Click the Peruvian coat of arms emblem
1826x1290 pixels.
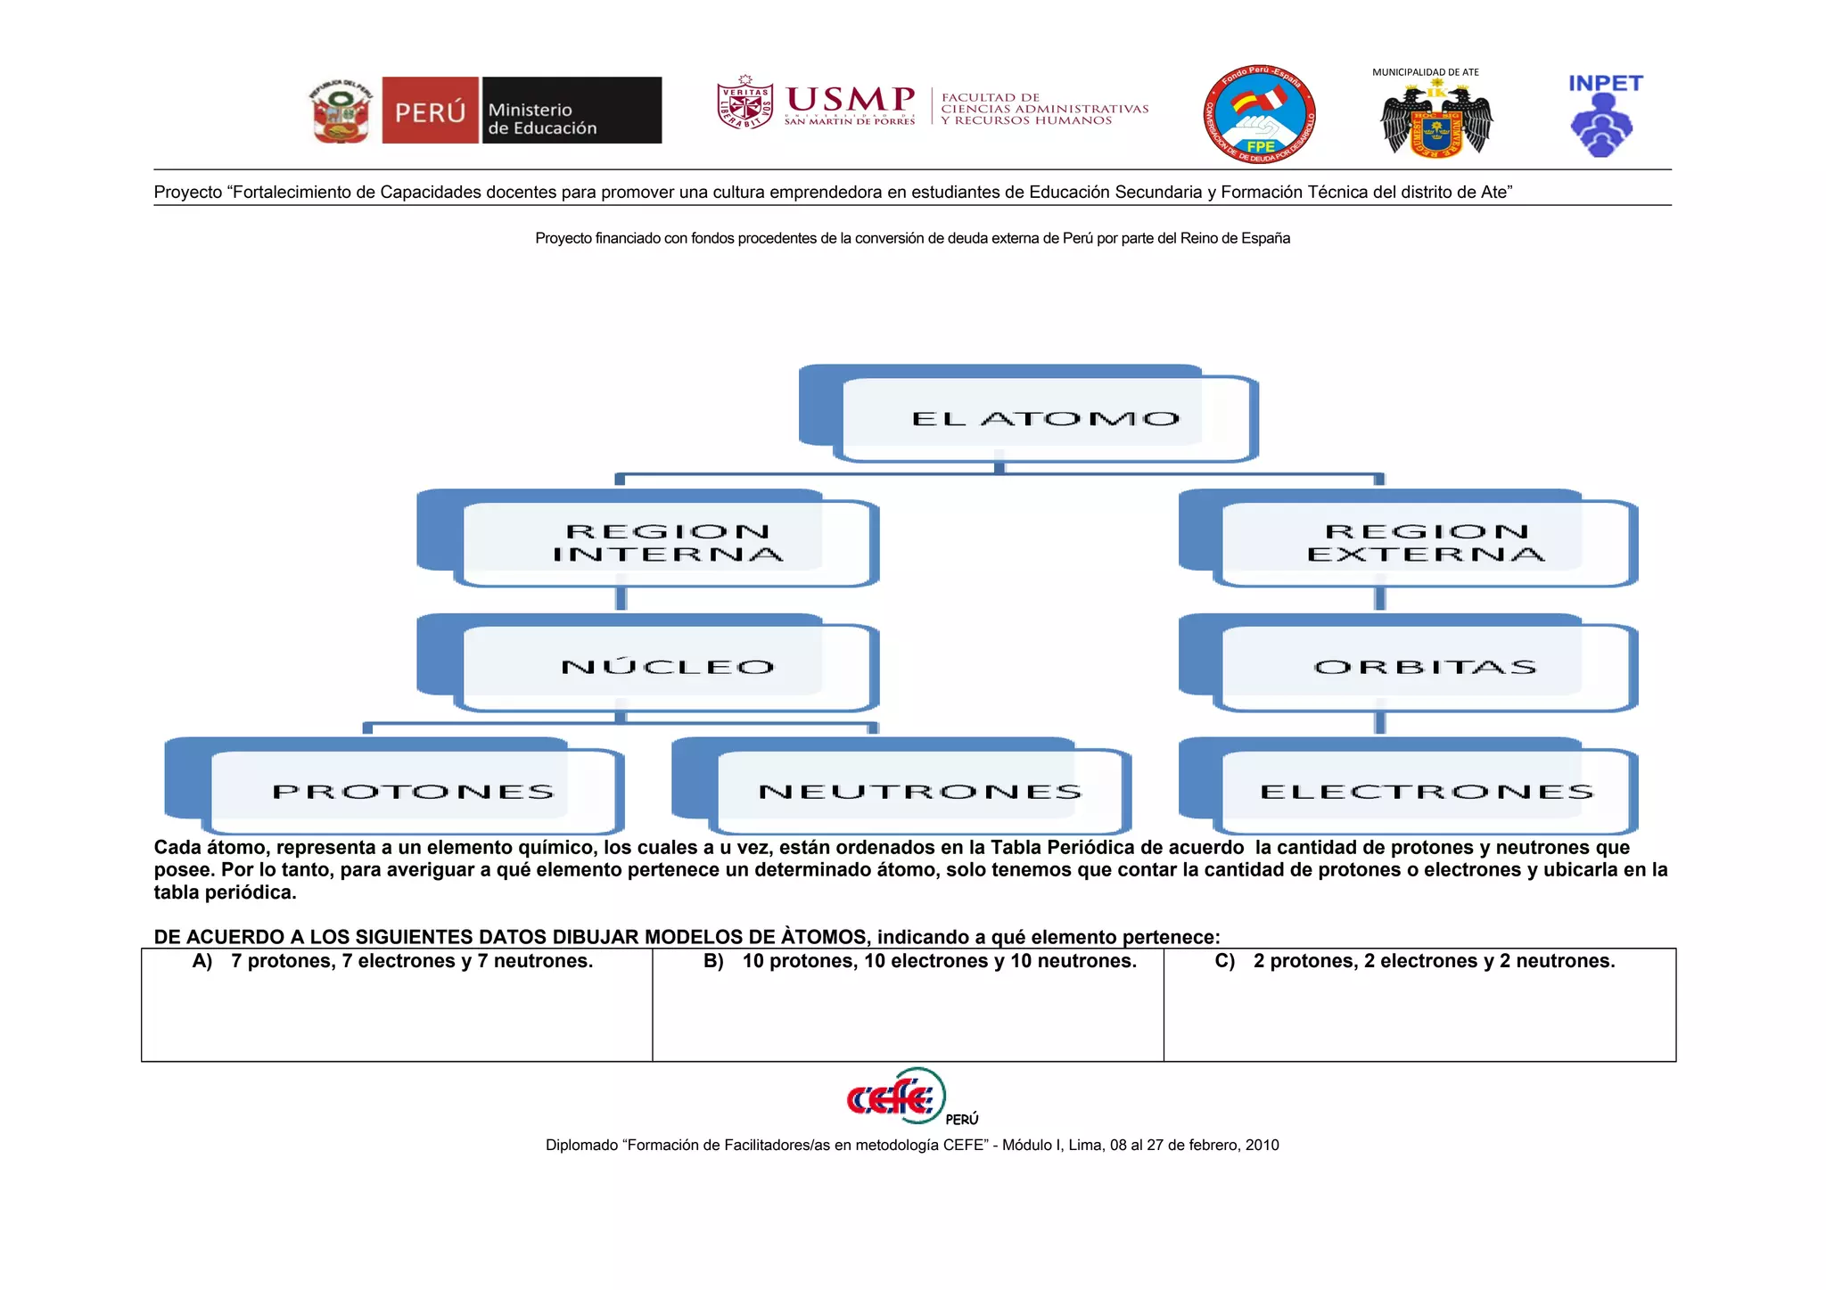[341, 111]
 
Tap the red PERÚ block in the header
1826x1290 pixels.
[430, 111]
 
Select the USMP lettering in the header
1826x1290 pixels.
[850, 100]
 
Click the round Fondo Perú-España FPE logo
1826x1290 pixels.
[1259, 114]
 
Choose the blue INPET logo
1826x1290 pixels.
[1603, 116]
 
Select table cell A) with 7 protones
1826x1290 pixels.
[397, 1005]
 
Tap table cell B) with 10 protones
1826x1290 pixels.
[908, 1005]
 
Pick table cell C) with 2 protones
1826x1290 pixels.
[1419, 1005]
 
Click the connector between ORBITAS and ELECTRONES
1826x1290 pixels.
[1380, 718]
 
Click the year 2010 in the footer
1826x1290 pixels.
[1262, 1146]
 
